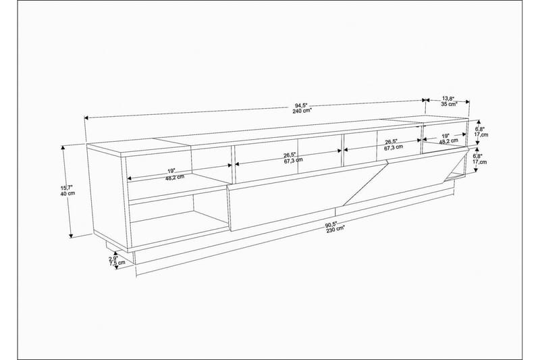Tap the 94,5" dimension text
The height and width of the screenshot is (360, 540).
pyautogui.click(x=301, y=105)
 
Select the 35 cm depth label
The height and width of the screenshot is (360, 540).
pyautogui.click(x=450, y=105)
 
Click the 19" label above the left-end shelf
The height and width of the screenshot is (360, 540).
pyautogui.click(x=171, y=170)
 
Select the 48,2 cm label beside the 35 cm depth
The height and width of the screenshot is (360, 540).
pyautogui.click(x=450, y=143)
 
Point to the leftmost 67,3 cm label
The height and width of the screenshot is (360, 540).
pyautogui.click(x=292, y=161)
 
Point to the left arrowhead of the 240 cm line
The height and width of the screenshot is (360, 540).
pyautogui.click(x=86, y=118)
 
